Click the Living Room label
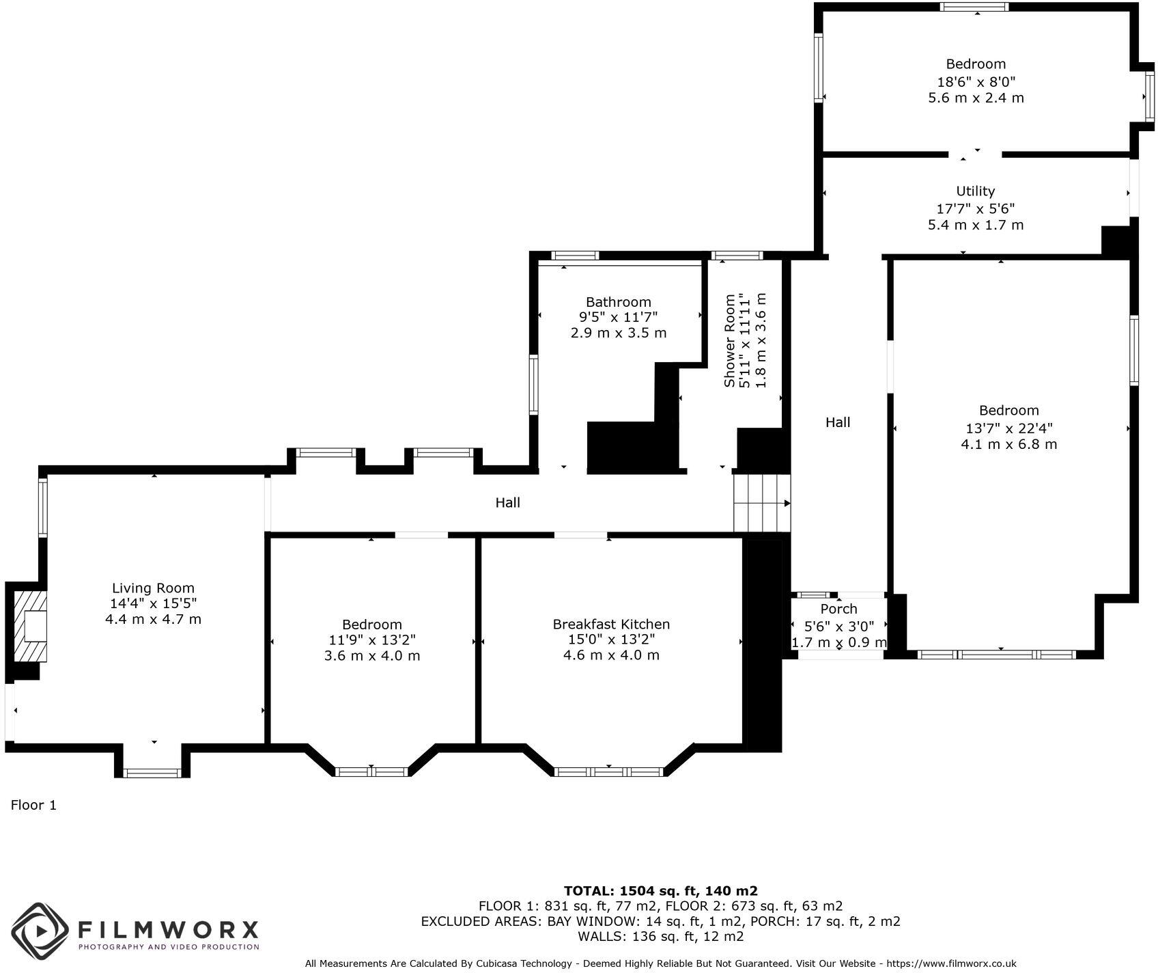[153, 588]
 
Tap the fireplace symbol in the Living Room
[31, 626]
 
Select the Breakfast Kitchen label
[611, 624]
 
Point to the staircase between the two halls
[761, 504]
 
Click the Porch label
[838, 609]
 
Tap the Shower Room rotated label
[729, 340]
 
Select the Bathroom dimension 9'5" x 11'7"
[619, 317]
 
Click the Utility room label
[975, 191]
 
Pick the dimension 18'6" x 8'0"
[976, 81]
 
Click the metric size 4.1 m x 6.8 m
[1008, 444]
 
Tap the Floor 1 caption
[33, 805]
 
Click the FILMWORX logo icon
[40, 930]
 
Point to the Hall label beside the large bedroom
[838, 422]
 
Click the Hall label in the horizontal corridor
[507, 503]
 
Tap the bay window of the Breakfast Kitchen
[608, 772]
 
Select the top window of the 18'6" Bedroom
[974, 8]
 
